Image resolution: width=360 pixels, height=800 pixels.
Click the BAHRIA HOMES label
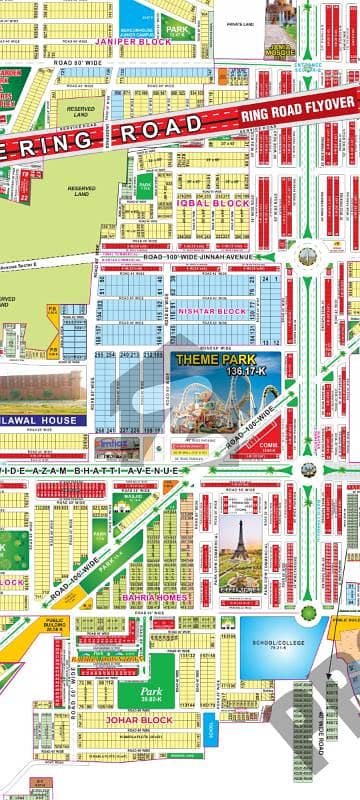click(150, 598)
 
